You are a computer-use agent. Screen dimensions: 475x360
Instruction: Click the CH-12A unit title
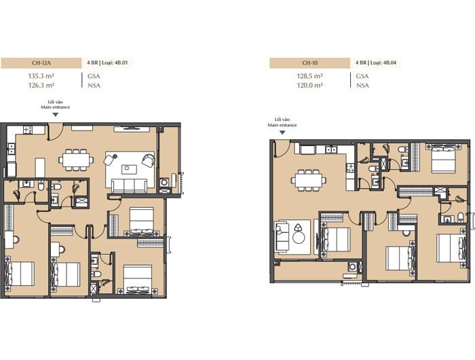pos(41,63)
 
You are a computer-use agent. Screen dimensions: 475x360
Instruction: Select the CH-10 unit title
pos(309,63)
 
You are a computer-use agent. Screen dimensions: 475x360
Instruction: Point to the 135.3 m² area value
pos(41,76)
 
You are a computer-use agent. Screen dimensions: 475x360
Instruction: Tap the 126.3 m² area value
pos(41,85)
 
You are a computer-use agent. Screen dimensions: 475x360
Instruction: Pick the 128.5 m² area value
pos(309,76)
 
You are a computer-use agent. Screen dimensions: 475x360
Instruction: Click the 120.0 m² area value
pos(309,85)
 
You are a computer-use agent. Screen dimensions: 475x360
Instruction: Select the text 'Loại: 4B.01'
pos(115,62)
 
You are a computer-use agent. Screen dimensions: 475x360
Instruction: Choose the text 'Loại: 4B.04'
pos(383,62)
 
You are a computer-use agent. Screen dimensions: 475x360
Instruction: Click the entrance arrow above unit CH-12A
pos(56,115)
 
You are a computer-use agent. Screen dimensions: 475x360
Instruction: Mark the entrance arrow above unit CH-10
pos(282,132)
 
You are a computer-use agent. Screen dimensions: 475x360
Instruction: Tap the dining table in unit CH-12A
pos(76,160)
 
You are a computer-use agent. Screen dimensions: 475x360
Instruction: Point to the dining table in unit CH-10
pos(309,180)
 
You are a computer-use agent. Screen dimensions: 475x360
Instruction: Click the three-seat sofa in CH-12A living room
pos(130,185)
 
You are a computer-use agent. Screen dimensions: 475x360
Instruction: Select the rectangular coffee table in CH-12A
pos(129,169)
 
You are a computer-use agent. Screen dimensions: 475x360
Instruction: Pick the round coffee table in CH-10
pos(299,238)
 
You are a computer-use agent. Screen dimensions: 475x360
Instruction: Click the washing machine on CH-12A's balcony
pos(164,182)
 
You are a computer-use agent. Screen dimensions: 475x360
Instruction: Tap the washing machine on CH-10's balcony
pos(352,266)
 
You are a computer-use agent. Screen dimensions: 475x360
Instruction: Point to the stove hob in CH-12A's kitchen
pos(28,130)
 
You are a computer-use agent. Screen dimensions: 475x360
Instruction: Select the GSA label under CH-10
pos(362,76)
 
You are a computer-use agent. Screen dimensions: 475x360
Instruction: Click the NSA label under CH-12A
pos(94,86)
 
